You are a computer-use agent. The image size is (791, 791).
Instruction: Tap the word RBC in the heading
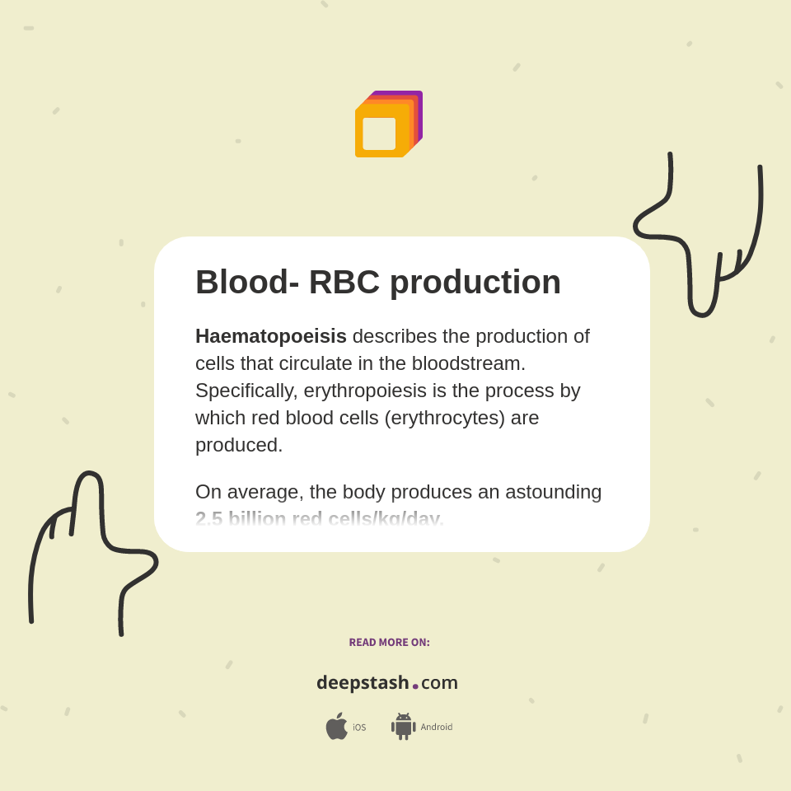coord(344,282)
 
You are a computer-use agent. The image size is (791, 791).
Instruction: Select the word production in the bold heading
coord(475,282)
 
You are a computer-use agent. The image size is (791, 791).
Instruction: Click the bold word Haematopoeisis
coord(270,336)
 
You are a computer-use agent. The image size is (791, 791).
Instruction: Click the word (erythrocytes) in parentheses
coord(444,418)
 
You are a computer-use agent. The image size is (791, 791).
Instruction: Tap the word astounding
coord(553,492)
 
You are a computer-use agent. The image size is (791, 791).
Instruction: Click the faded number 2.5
coord(208,519)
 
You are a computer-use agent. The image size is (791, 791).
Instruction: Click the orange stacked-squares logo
coord(388,124)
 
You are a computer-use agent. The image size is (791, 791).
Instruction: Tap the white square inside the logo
coord(379,133)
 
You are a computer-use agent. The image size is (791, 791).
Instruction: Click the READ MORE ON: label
coord(389,643)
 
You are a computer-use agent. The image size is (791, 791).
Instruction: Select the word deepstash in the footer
coord(363,683)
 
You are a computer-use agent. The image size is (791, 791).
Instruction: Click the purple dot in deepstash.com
coord(415,686)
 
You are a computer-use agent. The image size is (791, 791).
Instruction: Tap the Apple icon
coord(336,727)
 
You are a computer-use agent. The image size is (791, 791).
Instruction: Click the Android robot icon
coord(403,727)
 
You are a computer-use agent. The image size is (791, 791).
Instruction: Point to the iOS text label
coord(359,728)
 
